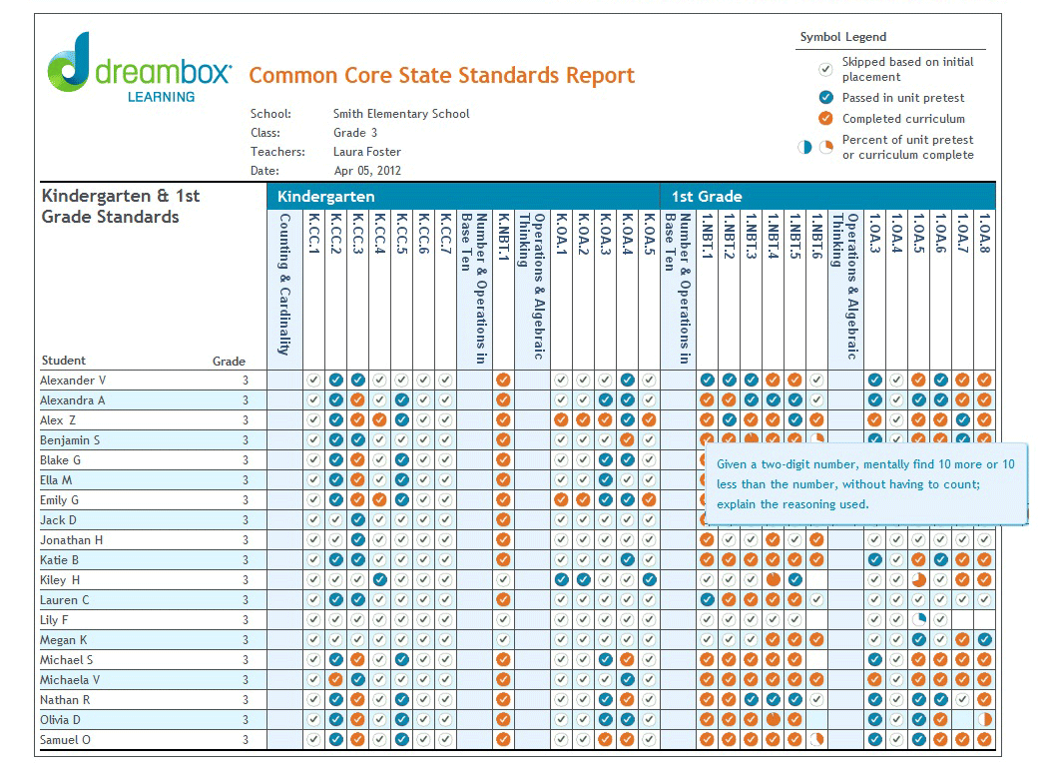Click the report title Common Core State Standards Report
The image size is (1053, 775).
point(441,76)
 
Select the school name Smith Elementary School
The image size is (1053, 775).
point(401,114)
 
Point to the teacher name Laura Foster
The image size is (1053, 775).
point(368,152)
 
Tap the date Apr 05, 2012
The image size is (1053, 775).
point(367,171)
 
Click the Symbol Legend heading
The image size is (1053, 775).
point(842,37)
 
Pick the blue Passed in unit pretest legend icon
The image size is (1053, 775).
point(825,98)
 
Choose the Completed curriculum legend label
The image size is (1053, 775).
point(903,119)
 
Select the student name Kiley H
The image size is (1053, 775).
point(60,580)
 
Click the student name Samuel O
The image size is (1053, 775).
point(66,740)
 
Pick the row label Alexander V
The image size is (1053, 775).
point(73,381)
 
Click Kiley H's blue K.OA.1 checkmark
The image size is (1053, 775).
point(561,580)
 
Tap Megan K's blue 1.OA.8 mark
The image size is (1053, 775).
point(984,640)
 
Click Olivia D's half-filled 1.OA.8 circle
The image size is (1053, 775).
point(984,720)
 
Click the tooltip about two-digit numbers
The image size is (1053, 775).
point(865,484)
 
